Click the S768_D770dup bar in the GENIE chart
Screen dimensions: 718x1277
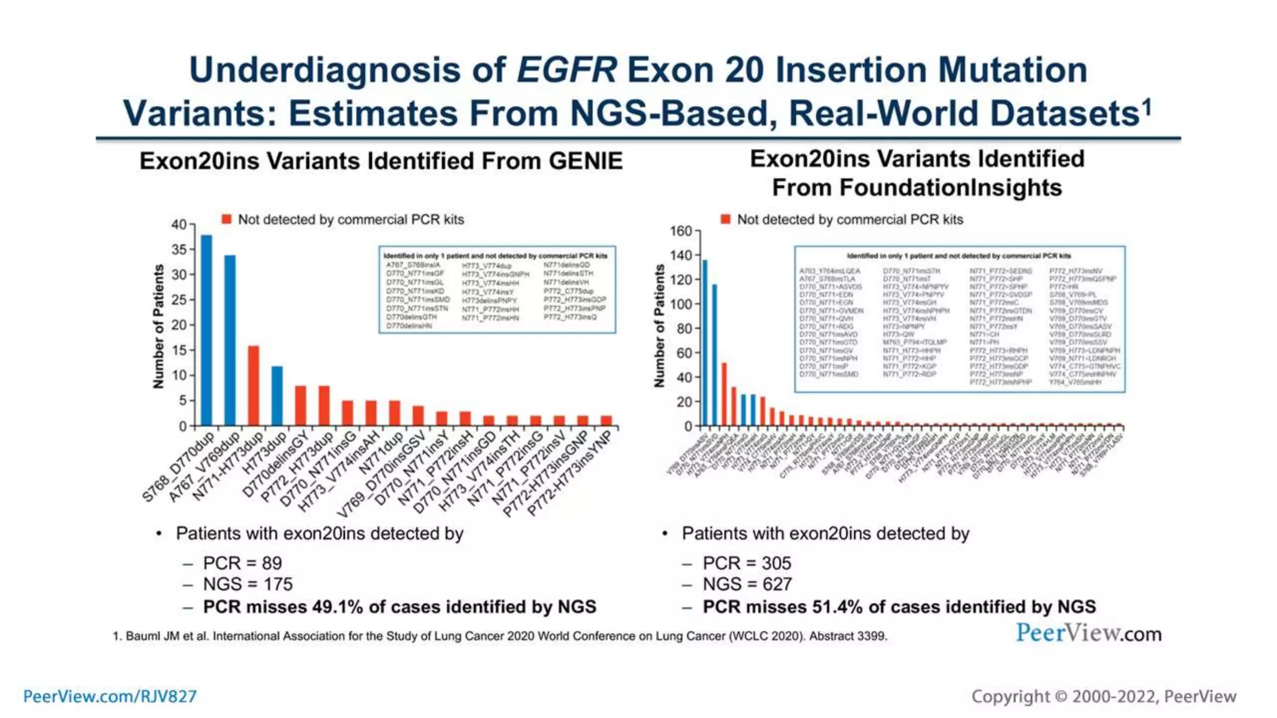[206, 330]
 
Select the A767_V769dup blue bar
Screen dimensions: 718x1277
[230, 340]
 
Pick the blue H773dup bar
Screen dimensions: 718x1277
[277, 396]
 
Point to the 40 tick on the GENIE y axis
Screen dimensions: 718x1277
[179, 224]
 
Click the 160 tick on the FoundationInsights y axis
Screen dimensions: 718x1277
[681, 231]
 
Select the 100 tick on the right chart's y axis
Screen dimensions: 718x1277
[681, 304]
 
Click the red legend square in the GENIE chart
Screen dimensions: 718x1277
[226, 219]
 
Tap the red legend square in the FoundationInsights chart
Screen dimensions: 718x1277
[725, 219]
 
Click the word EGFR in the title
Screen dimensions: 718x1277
[566, 70]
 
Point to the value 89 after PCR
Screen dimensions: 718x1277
[272, 563]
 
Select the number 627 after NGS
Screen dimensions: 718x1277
[776, 585]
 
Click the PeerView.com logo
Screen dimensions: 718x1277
[1088, 634]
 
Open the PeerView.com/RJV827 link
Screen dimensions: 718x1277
[110, 696]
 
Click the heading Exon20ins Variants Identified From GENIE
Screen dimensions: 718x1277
[381, 161]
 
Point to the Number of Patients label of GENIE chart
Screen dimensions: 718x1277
[158, 327]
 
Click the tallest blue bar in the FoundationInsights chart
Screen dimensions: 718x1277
[705, 343]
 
